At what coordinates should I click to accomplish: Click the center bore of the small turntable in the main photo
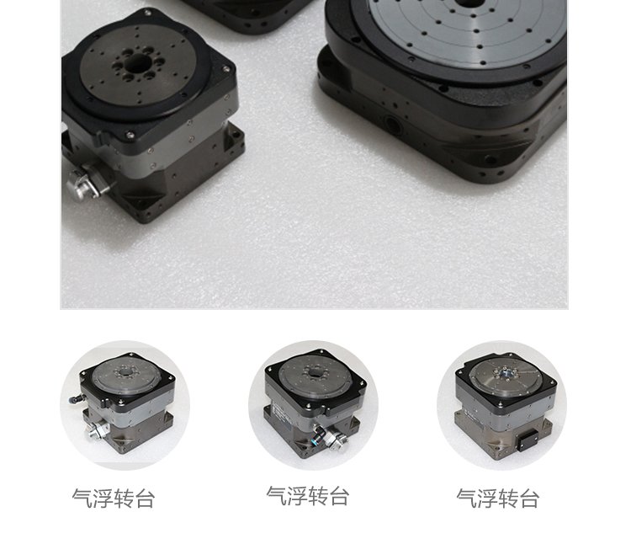136,63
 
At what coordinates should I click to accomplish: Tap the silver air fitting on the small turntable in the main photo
85,183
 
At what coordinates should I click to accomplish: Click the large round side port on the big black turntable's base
393,124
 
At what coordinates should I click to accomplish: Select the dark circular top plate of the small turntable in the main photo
138,66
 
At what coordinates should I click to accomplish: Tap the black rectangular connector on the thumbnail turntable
528,440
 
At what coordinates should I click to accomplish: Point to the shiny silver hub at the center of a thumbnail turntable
505,373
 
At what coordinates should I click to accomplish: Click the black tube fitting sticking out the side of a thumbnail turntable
75,399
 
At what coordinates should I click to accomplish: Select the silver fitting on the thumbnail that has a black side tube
96,430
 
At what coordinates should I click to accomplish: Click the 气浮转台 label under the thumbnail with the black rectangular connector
498,499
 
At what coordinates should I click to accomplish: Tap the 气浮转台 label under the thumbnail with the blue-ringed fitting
307,496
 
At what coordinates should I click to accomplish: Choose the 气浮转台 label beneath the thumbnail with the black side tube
114,499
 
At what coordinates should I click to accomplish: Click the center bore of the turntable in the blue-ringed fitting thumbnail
314,371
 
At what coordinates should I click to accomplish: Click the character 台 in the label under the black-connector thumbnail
529,499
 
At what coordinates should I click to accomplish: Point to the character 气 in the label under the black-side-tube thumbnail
82,499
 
